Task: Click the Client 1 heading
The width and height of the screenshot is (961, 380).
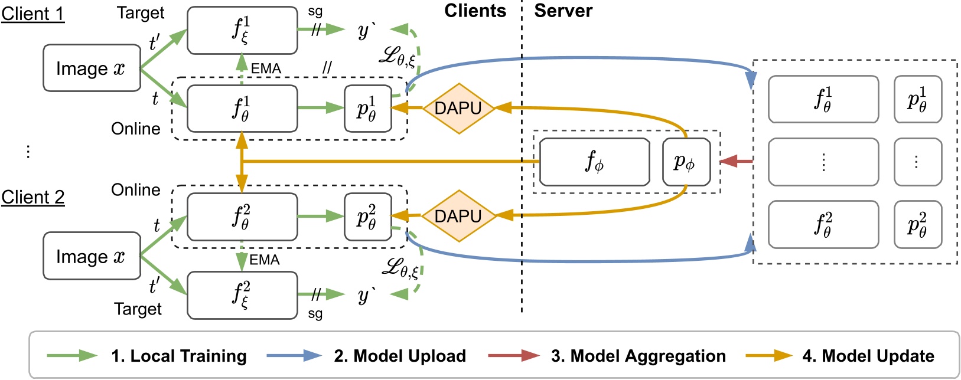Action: point(32,13)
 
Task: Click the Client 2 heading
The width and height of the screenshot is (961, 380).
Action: point(33,197)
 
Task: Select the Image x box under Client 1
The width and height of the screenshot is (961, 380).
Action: point(92,68)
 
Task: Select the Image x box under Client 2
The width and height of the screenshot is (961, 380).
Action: point(92,256)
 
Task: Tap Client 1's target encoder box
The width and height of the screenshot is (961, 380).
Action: point(242,30)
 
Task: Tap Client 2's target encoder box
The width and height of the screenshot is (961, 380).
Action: point(242,294)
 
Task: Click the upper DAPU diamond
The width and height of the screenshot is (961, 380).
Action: point(458,108)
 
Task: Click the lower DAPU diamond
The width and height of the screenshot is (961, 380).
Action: point(458,216)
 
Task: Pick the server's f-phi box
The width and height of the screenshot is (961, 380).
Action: point(594,162)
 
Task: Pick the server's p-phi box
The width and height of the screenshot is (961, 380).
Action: point(685,162)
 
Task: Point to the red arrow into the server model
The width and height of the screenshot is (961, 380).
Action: point(736,160)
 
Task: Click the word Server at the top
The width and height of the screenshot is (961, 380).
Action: point(563,11)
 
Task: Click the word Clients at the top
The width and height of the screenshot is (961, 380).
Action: point(475,11)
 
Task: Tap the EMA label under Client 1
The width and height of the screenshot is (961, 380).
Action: point(266,68)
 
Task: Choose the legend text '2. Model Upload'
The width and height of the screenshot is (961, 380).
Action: point(400,356)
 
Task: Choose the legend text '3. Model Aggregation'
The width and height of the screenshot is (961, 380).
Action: point(638,356)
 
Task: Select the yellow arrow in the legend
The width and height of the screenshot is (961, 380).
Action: point(768,356)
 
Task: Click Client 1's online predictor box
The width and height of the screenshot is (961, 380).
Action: point(367,109)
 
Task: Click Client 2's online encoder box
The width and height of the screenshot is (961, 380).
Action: point(242,217)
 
